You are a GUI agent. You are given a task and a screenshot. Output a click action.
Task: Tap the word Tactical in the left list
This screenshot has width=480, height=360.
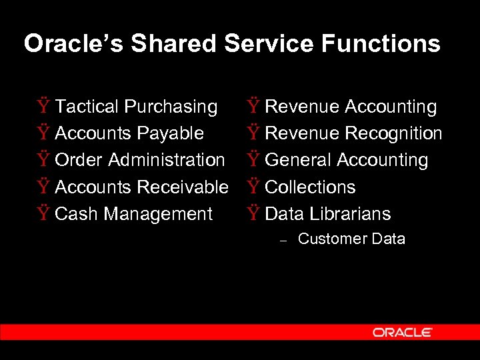(x=87, y=107)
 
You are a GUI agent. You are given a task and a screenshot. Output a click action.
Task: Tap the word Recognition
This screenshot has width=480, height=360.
(x=393, y=133)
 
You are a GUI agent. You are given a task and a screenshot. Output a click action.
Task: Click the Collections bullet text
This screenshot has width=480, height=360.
(x=310, y=187)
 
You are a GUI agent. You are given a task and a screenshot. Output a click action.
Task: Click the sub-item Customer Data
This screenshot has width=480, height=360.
(x=351, y=239)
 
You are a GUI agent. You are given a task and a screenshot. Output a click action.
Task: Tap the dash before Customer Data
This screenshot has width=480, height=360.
(x=283, y=241)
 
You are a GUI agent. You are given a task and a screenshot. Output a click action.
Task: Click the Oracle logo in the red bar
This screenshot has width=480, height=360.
(x=403, y=332)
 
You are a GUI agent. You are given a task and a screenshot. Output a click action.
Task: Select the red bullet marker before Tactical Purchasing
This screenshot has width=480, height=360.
(x=43, y=106)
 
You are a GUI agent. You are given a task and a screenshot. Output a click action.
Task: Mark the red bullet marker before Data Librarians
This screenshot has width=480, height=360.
(x=253, y=213)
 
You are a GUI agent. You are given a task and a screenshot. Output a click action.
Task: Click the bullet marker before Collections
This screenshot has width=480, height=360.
(x=253, y=187)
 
